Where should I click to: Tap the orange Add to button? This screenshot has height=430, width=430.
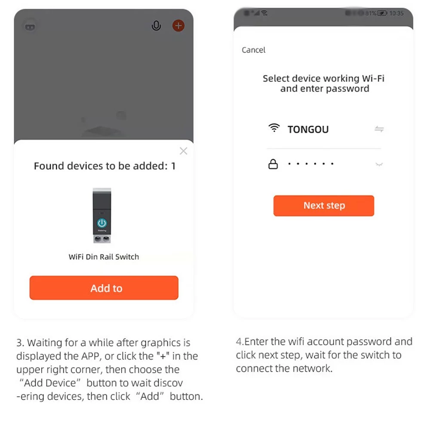pos(104,288)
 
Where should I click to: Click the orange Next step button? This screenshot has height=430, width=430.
pos(324,206)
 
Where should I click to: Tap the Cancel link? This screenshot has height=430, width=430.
pos(253,50)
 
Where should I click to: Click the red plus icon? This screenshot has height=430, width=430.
pos(178,26)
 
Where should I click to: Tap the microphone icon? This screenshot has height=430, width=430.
pos(157,26)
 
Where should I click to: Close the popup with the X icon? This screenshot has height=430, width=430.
pos(184,151)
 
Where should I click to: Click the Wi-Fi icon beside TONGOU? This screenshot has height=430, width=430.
pos(274,128)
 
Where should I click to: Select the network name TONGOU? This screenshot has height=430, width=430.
pos(308,129)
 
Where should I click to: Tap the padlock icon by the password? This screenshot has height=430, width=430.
pos(273,164)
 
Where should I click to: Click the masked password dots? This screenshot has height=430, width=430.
pos(311,164)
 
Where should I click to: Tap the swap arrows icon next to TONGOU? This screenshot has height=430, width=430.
pos(379,129)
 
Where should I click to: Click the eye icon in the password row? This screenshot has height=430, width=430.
pos(379,164)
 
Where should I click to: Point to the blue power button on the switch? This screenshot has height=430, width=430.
pos(102,223)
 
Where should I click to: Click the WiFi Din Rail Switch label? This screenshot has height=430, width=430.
pos(104,257)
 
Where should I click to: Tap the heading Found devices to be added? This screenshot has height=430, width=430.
pos(101,166)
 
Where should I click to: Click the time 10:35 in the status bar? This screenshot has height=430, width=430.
pos(396,13)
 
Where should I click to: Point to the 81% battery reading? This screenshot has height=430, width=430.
pos(371,13)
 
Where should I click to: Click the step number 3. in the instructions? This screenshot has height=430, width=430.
pos(20,343)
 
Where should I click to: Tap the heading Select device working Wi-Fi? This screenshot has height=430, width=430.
pos(324,78)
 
